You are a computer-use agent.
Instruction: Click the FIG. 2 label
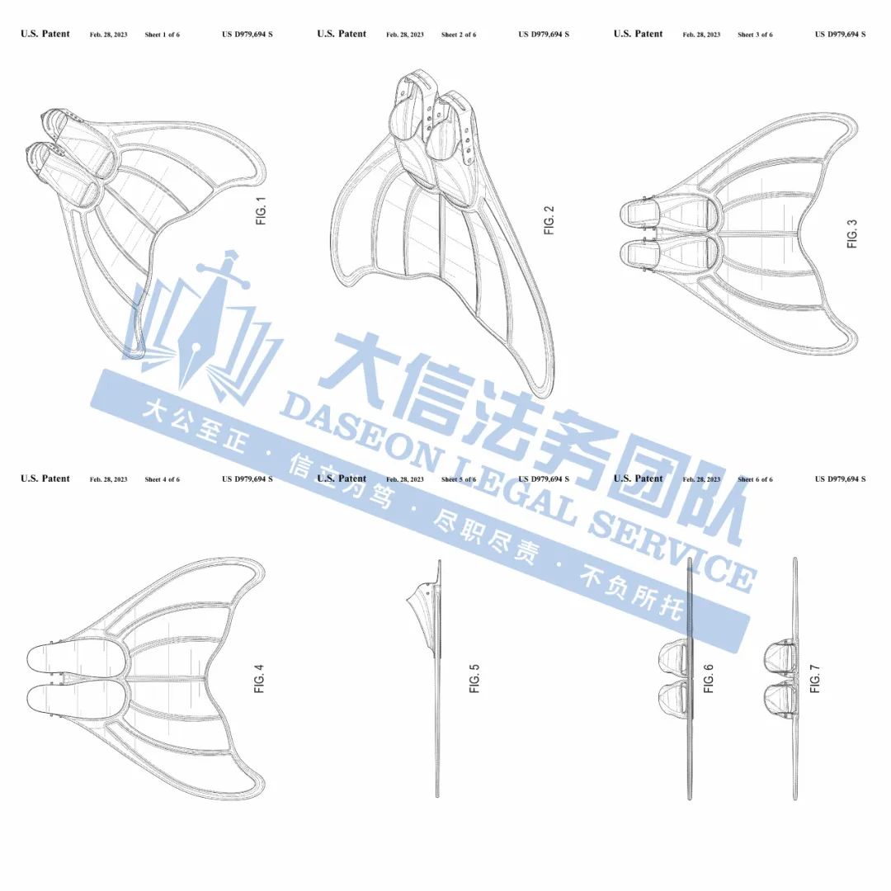point(549,219)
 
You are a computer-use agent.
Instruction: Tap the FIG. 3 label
point(853,233)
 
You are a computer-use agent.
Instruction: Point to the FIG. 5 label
point(474,678)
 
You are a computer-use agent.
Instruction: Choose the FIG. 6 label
point(708,678)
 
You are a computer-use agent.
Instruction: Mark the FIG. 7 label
point(815,678)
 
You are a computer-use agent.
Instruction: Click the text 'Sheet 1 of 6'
point(162,35)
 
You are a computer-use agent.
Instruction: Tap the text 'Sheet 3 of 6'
point(755,35)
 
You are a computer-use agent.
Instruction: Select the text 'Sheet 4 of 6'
point(162,479)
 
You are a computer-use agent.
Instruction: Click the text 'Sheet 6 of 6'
point(755,479)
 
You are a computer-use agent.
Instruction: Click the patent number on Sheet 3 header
point(840,35)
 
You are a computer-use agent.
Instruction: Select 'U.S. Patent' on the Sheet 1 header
point(45,35)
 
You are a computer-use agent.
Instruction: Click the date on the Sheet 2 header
point(405,35)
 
